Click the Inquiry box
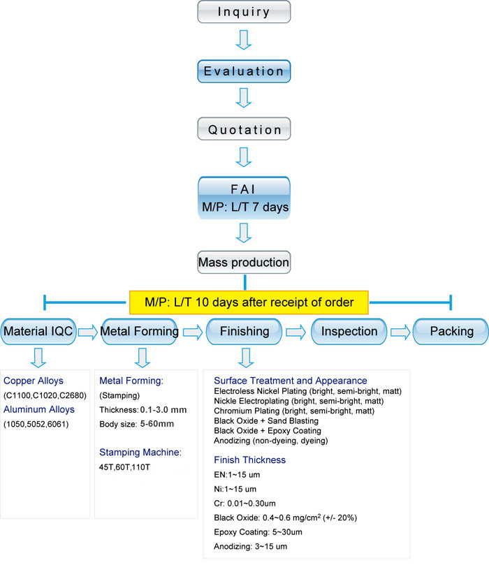244,11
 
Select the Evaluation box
244,71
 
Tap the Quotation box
244,129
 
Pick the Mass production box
244,263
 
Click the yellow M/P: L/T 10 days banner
249,302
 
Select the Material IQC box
38,332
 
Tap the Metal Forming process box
140,332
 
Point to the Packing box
451,332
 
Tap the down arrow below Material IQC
39,358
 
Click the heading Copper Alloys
34,381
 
